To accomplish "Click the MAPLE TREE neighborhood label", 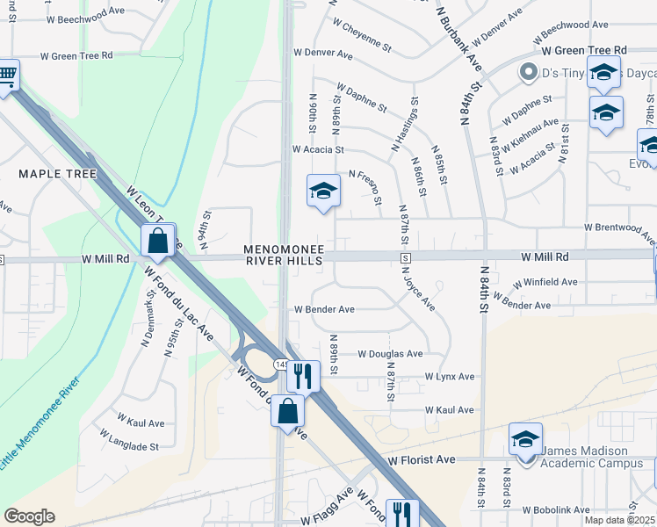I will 57,174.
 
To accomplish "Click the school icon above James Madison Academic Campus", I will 525,439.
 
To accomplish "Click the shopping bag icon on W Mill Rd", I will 158,240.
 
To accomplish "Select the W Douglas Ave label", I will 390,354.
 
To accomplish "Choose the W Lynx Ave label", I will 449,376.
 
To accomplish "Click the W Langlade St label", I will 129,439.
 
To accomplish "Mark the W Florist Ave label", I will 422,459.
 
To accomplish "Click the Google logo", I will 30,516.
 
